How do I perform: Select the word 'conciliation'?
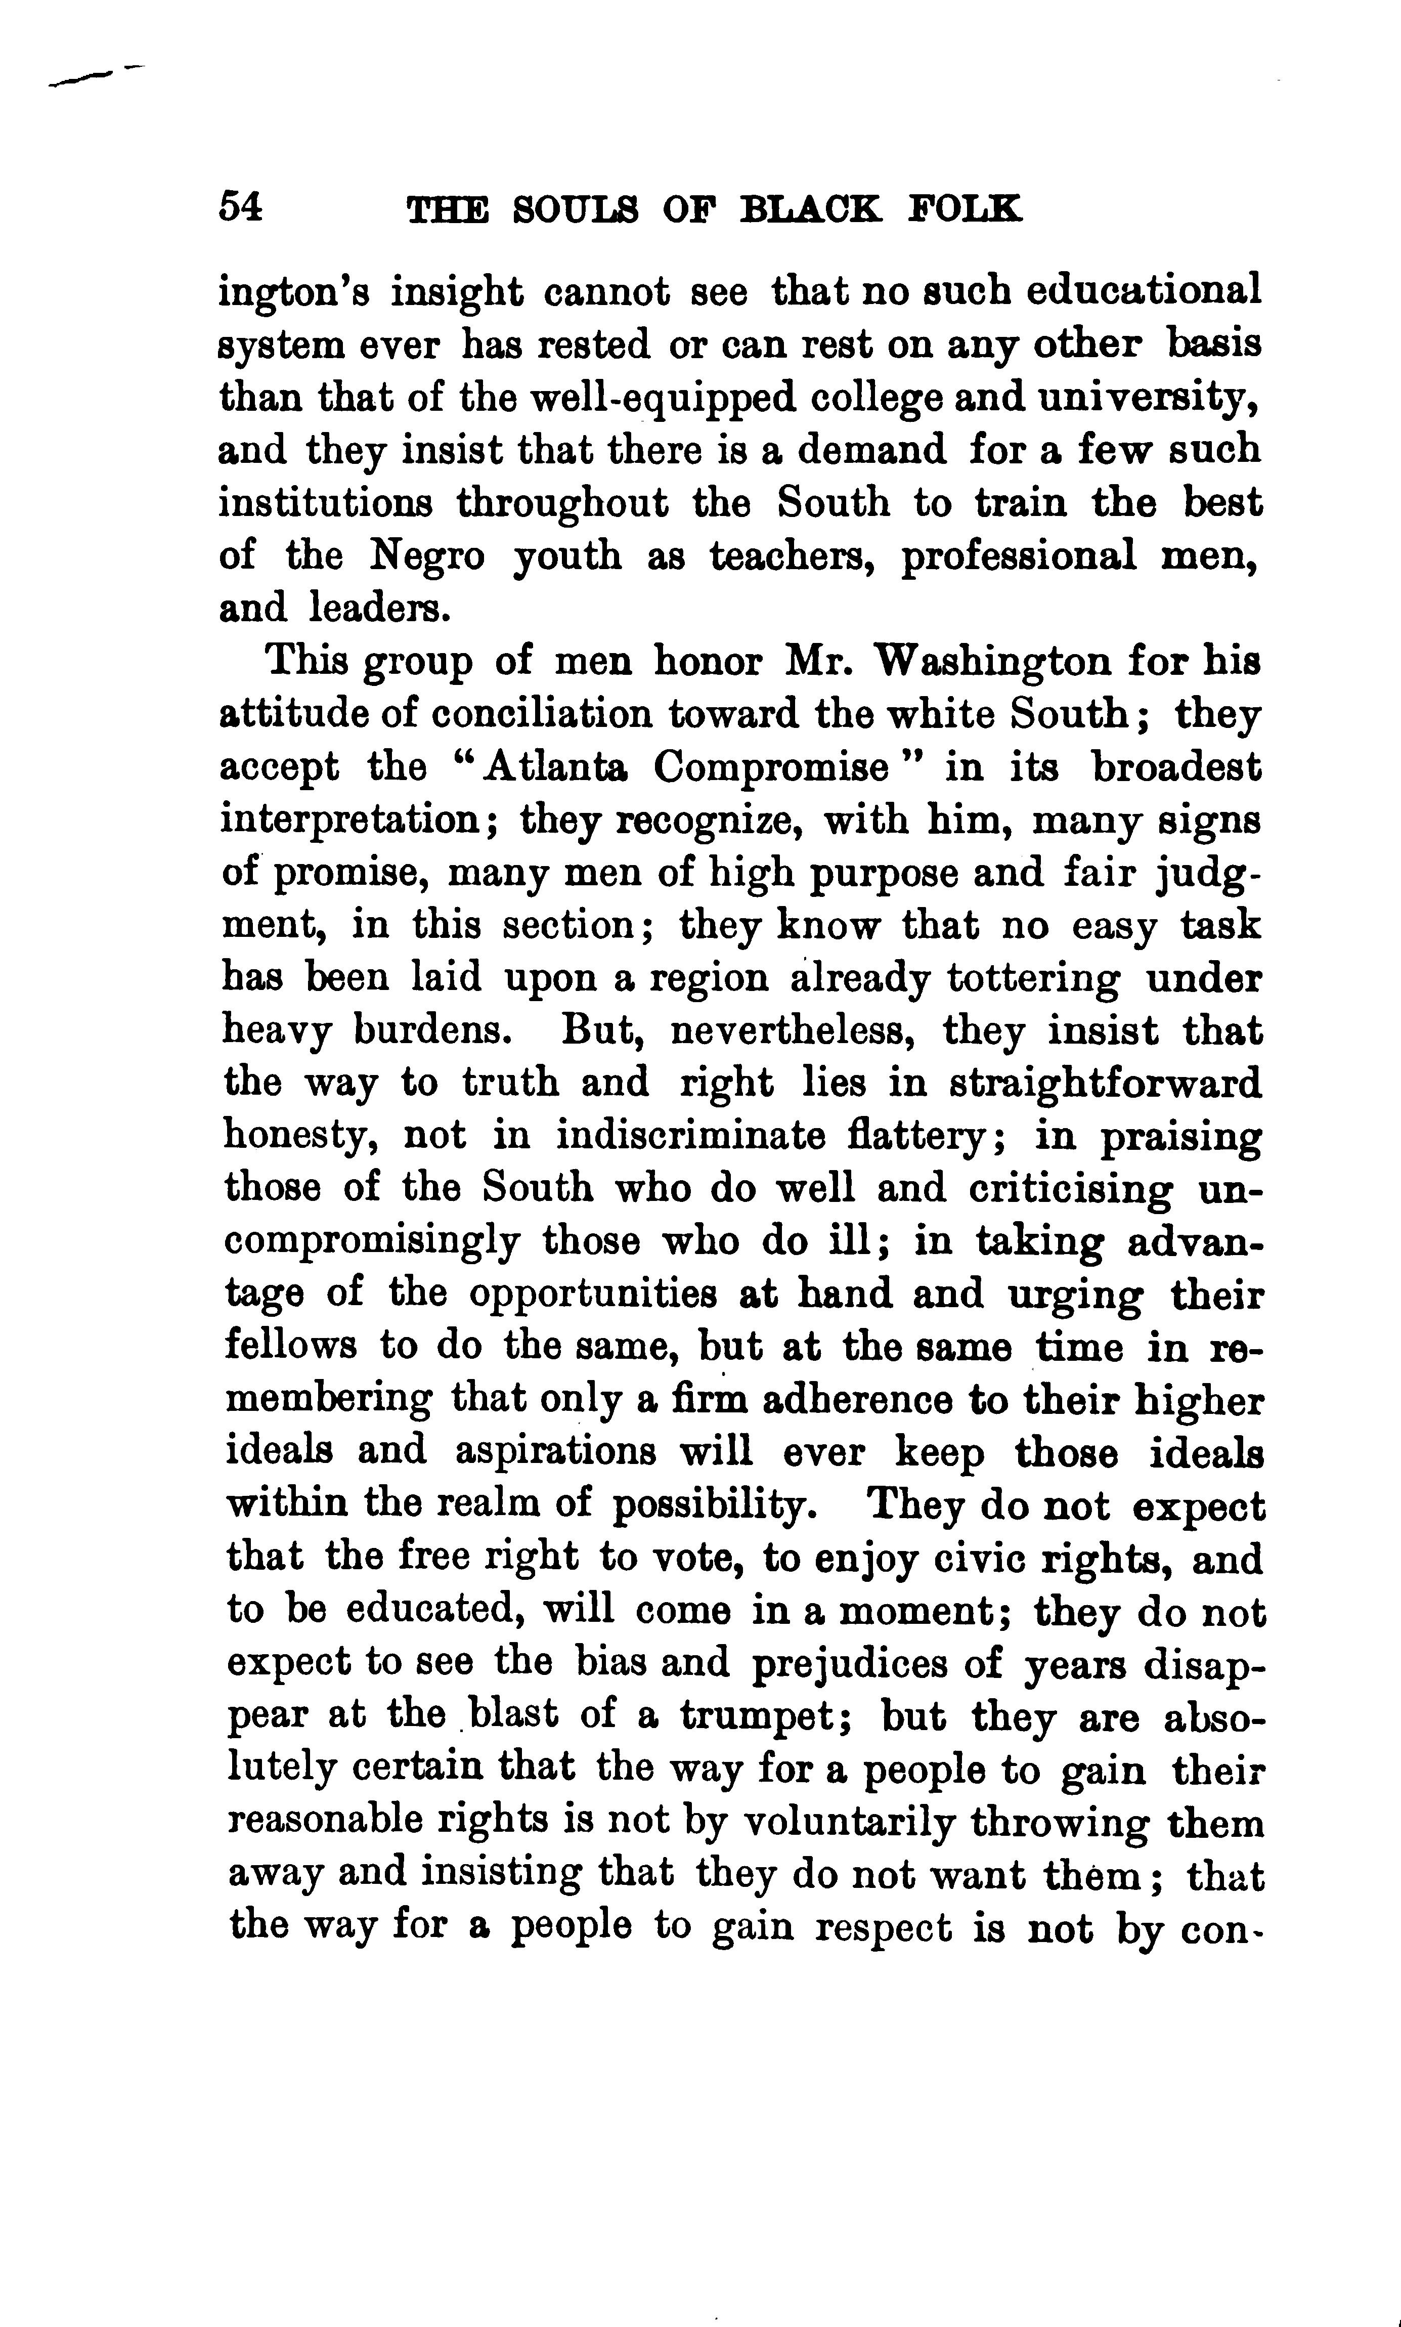click(541, 715)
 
